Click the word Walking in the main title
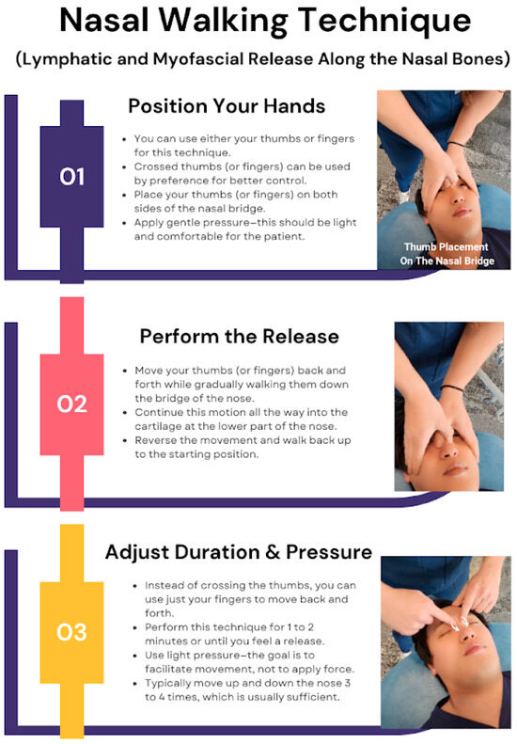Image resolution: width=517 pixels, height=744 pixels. click(223, 22)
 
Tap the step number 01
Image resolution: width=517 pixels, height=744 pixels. click(72, 177)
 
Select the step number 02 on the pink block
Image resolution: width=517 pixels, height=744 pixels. click(72, 404)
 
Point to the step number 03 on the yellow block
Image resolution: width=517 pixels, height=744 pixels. click(72, 632)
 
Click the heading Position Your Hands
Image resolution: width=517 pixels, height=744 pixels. click(227, 105)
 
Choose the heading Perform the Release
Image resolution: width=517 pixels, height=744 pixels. click(239, 337)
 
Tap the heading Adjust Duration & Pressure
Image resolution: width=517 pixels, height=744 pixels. click(239, 552)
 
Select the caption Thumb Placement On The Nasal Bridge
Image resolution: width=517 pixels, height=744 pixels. click(446, 254)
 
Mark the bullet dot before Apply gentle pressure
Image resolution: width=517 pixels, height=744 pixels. click(124, 223)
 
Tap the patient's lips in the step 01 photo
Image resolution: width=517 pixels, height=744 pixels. click(462, 212)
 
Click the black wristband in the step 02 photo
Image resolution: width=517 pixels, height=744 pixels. click(451, 388)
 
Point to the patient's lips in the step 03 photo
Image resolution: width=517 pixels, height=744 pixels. click(476, 648)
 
